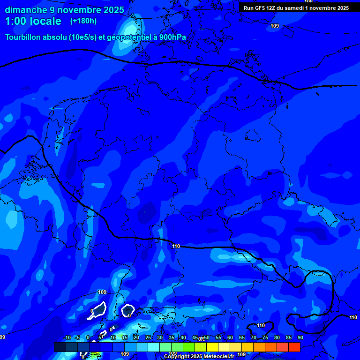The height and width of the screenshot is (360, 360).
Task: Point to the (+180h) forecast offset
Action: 83,21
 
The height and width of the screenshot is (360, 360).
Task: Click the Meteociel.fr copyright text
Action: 199,357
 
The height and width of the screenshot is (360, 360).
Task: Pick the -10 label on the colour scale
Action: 67,337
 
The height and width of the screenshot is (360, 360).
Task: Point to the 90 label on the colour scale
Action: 300,337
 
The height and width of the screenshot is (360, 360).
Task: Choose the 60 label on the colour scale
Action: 230,337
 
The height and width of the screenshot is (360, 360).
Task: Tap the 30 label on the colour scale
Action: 160,337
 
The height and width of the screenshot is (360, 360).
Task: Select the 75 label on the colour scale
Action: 265,337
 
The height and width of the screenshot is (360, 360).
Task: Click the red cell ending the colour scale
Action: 294,347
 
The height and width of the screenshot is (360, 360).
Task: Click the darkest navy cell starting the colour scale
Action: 60,347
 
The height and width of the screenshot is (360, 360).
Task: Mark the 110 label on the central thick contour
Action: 176,246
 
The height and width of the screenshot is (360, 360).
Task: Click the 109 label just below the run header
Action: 275,26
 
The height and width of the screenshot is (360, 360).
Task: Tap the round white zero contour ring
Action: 127,310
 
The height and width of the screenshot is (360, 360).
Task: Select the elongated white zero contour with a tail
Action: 98,310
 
